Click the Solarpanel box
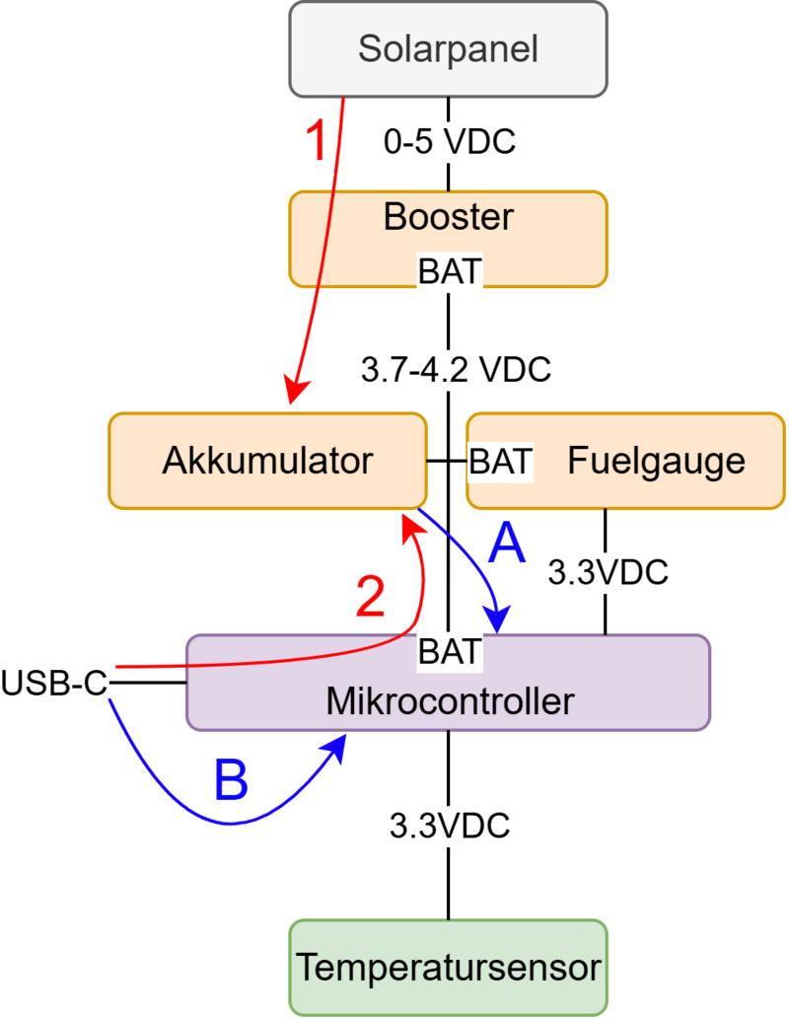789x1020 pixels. [449, 48]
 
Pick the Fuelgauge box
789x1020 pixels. [656, 461]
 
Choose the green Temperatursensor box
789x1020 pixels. [449, 967]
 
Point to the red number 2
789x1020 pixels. [370, 597]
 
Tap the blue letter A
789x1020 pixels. [506, 542]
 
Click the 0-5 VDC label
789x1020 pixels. [450, 142]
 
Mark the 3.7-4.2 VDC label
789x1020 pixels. [455, 371]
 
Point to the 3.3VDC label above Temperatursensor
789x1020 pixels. [449, 825]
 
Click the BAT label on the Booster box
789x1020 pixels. [450, 271]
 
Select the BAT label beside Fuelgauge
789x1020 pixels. [501, 460]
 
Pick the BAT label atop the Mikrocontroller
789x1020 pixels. [450, 652]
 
